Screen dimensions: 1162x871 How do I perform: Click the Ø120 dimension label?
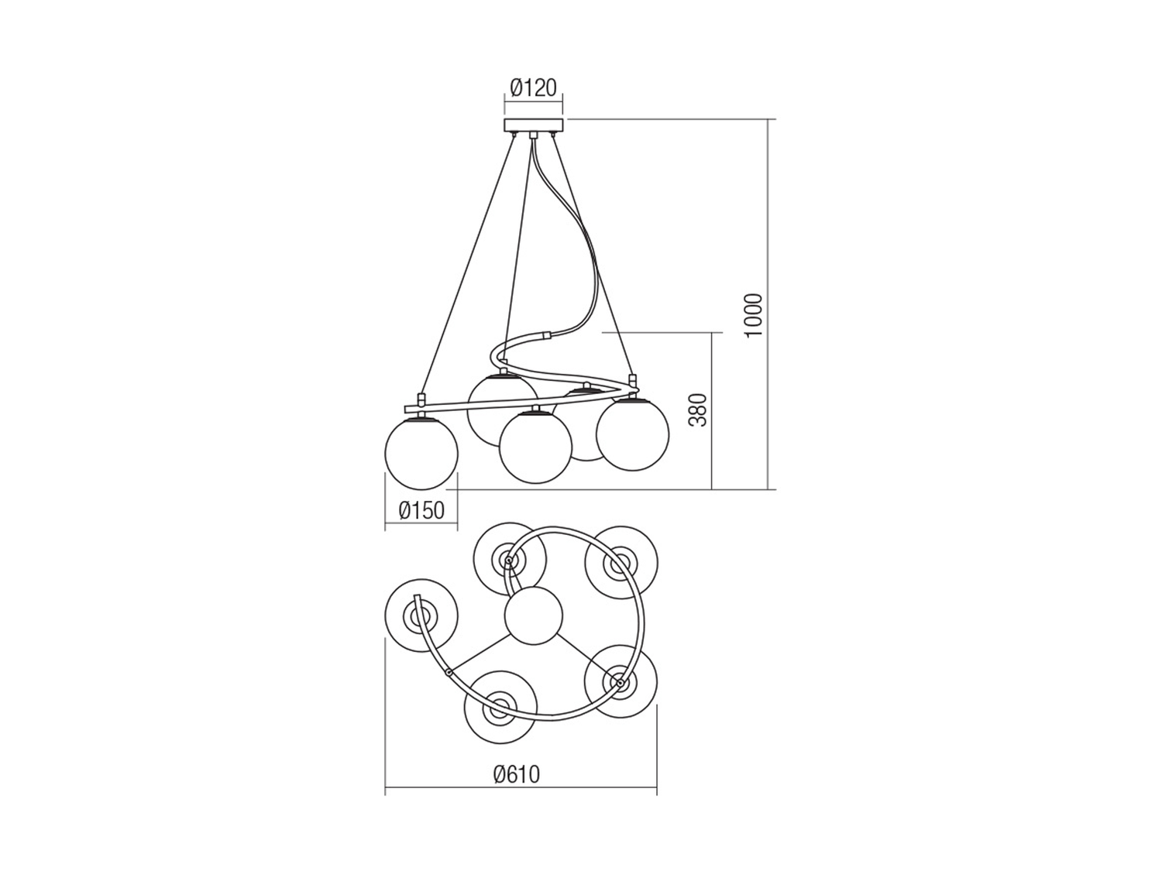click(x=534, y=87)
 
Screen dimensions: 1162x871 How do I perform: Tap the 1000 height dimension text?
click(x=753, y=316)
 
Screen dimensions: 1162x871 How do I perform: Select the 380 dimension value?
click(x=698, y=410)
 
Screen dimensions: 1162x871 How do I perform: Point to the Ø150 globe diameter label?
click(x=421, y=511)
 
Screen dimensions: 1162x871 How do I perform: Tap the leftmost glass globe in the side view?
click(x=421, y=452)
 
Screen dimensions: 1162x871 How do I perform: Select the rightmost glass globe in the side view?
click(x=633, y=434)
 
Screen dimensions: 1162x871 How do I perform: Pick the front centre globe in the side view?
click(x=536, y=447)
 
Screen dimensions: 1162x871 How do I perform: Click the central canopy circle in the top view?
click(x=534, y=616)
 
